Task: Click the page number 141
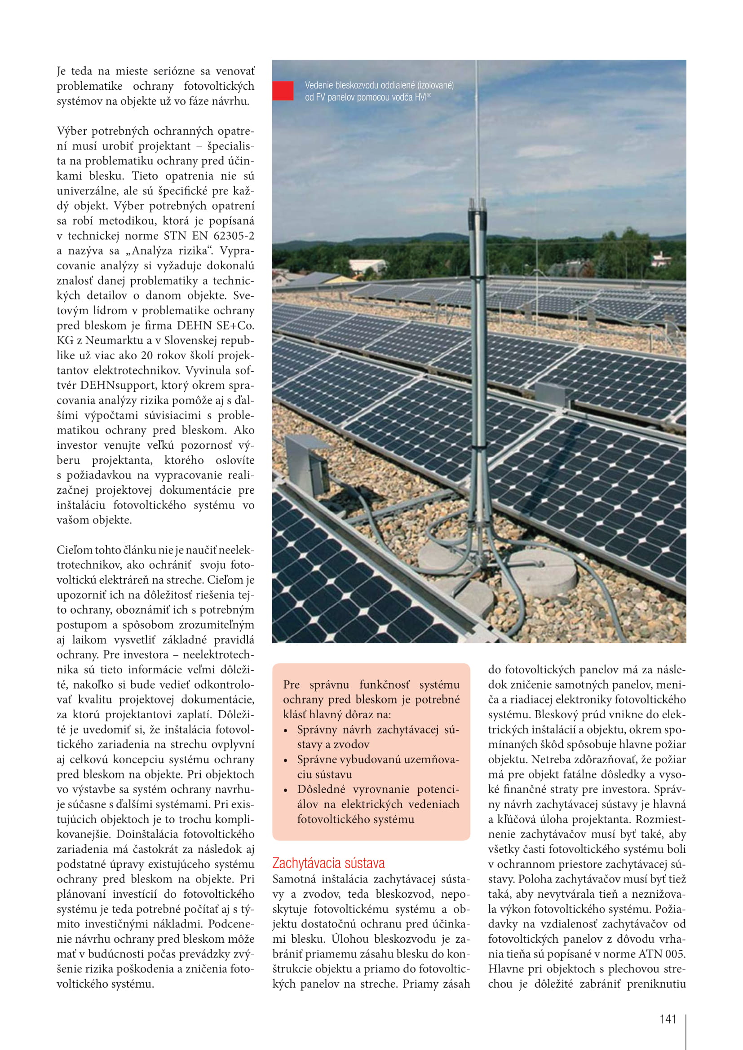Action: point(668,1019)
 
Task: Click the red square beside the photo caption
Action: point(283,91)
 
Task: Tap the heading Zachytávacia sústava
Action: point(328,863)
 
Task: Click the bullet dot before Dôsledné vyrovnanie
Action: point(286,790)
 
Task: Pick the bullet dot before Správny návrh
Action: point(286,730)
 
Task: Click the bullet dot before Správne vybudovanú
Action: point(286,760)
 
